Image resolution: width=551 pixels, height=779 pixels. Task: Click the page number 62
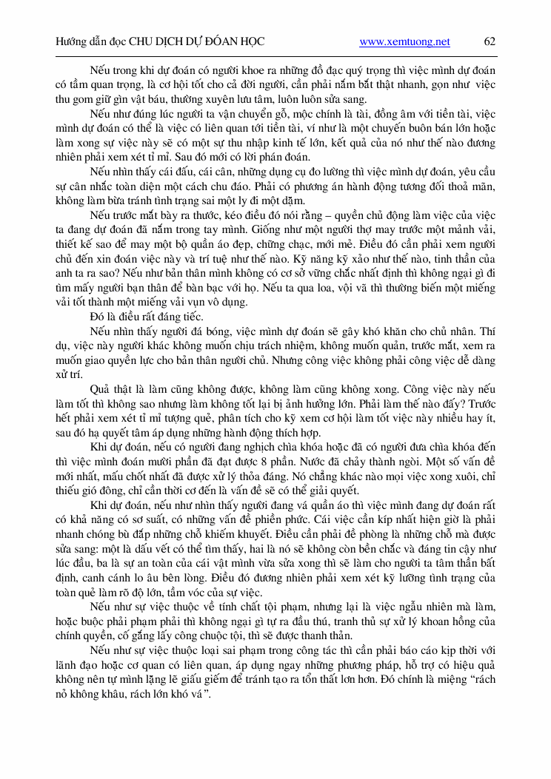coord(490,42)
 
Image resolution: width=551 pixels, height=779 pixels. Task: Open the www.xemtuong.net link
coord(404,42)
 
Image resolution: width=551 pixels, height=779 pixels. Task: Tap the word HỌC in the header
coord(251,42)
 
